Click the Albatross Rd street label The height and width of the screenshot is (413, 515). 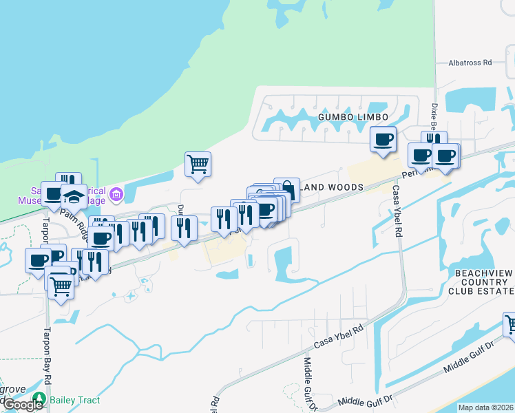point(469,62)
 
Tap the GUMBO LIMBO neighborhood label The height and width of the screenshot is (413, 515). point(348,118)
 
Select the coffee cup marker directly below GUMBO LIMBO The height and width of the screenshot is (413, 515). point(383,140)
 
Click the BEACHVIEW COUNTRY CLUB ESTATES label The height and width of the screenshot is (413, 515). point(484,282)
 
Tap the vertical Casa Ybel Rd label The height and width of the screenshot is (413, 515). point(397,211)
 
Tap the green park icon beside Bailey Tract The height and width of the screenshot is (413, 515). point(40,399)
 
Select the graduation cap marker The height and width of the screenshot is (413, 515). point(74,198)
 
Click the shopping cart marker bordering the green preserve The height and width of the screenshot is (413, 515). point(198,165)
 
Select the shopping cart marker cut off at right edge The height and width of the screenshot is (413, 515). point(511,324)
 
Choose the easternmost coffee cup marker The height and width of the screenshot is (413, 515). point(445,156)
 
